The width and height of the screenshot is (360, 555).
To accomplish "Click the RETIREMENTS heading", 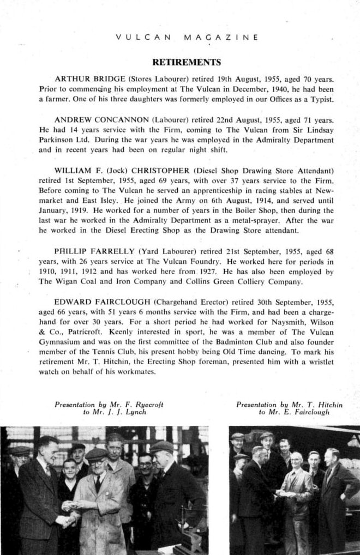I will tap(186, 62).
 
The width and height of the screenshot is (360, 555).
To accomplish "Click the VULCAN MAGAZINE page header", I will tap(187, 38).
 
